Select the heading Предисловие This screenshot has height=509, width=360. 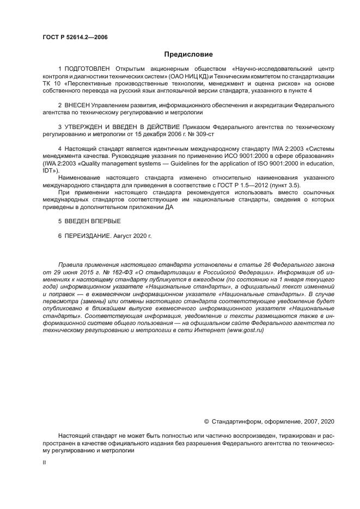(188, 54)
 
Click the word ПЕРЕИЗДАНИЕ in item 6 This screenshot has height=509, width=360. (87, 236)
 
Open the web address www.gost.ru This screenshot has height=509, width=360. (245, 330)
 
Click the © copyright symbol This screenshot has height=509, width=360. (206, 421)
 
